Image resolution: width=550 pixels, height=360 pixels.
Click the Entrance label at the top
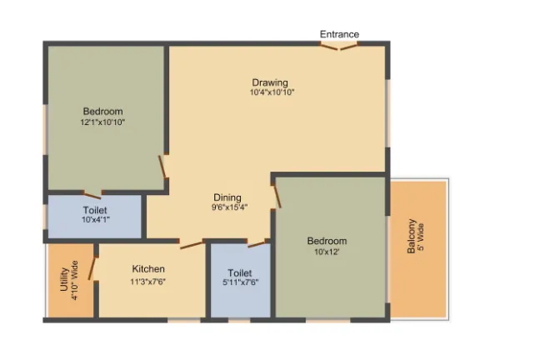339,34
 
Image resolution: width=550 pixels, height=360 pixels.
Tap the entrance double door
339,47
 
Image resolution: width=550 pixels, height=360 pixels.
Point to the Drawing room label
270,83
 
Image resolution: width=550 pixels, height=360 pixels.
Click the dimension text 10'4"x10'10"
272,92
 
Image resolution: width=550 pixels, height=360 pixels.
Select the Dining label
227,197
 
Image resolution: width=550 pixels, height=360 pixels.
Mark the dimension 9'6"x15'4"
229,207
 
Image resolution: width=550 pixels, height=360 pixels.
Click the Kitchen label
148,269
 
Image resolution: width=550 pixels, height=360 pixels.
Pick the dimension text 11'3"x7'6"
147,282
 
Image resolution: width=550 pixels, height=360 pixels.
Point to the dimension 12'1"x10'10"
102,122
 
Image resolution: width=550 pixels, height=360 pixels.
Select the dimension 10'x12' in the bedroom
327,252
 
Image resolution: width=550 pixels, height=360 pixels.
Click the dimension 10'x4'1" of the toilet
96,220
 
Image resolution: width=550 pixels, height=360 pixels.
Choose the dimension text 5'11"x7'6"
241,282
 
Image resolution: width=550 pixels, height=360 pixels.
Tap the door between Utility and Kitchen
92,269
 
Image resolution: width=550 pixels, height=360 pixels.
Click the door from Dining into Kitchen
192,245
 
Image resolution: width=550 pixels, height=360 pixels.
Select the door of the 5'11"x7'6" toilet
257,244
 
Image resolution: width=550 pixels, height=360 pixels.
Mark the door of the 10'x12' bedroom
277,197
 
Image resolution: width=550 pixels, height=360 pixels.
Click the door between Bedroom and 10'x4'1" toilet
92,195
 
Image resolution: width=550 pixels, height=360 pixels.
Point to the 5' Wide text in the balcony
422,237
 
